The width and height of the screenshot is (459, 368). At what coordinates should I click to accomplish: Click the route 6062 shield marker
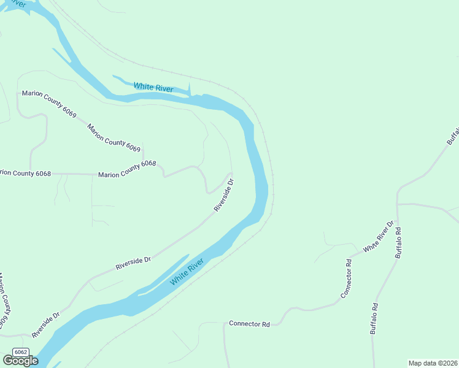tap(21, 351)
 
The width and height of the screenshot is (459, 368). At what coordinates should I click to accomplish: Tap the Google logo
tap(20, 361)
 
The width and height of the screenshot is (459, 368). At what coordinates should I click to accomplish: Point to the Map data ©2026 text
tap(433, 363)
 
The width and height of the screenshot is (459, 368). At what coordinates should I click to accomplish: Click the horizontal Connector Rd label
tap(249, 323)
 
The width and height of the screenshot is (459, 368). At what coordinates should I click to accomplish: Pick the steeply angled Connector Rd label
tap(347, 279)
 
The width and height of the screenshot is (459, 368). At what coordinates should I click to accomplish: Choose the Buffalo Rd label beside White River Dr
tap(398, 243)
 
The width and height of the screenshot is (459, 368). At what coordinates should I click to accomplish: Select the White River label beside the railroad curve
tap(153, 87)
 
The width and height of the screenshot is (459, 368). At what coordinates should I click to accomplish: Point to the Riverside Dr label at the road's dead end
tap(224, 195)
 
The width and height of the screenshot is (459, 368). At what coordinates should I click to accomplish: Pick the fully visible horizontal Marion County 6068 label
tap(127, 169)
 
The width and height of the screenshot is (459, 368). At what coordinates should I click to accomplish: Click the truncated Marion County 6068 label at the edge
tap(25, 174)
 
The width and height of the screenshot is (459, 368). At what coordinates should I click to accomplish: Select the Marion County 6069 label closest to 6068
tap(114, 137)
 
